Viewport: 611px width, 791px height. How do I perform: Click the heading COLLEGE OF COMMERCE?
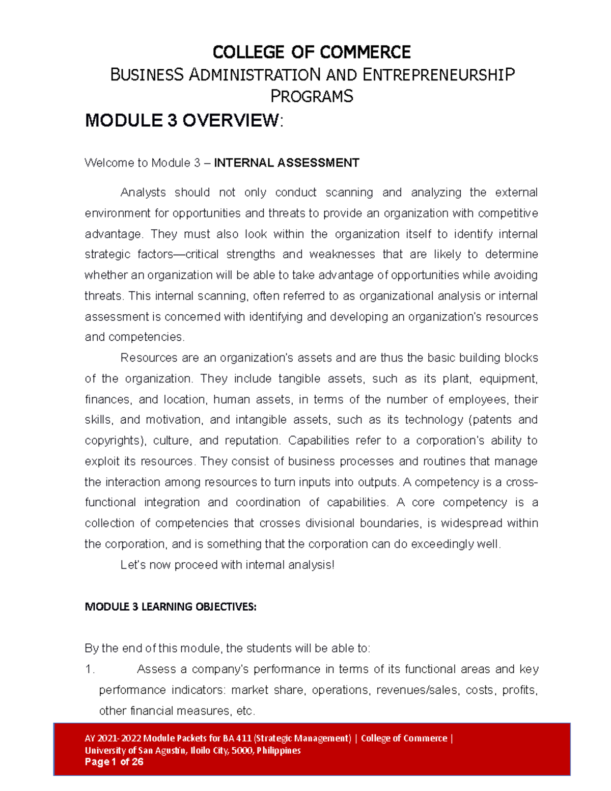tap(311, 52)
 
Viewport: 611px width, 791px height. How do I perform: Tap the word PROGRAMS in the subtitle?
tap(311, 96)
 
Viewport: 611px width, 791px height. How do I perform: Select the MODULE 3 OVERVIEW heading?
tap(183, 121)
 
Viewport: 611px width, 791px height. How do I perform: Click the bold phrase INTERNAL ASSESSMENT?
tap(287, 163)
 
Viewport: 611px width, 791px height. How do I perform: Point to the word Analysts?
tap(143, 193)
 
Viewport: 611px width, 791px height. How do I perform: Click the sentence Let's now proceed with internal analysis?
tap(227, 565)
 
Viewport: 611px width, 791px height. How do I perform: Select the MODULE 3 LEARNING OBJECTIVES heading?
tap(171, 607)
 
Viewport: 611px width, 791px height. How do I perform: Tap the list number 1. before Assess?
tap(90, 669)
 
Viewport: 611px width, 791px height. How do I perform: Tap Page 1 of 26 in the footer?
tap(114, 762)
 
